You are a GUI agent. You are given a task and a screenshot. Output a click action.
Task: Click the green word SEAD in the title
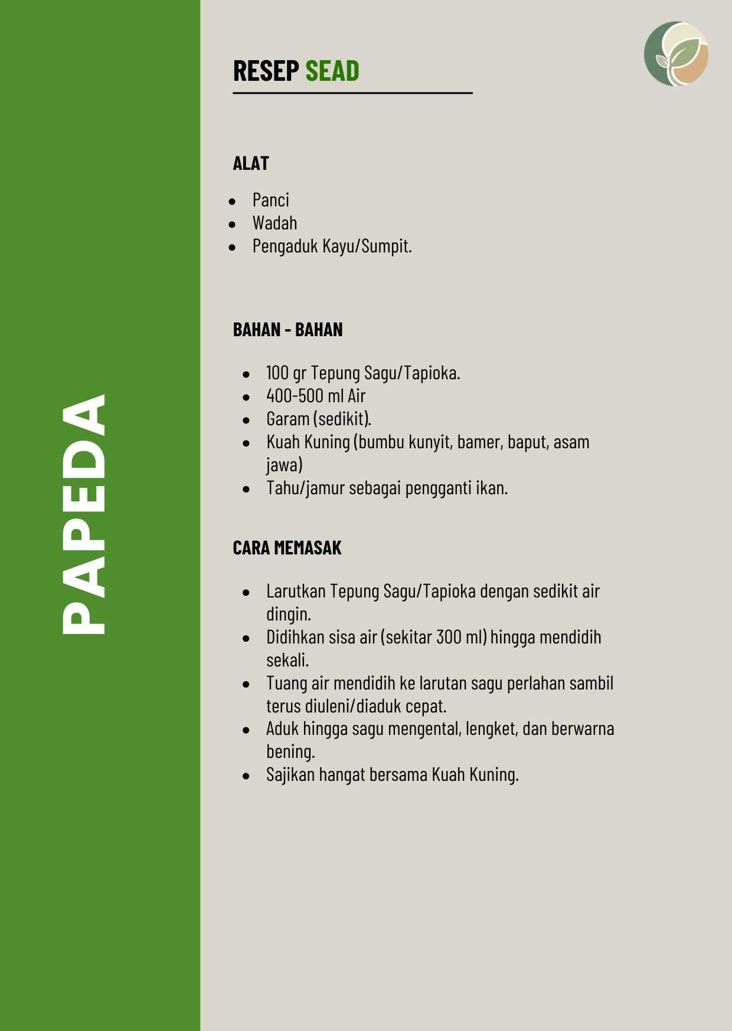332,71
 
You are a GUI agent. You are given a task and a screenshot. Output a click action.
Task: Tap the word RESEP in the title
266,71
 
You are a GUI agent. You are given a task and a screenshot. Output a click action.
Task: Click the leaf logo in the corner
676,54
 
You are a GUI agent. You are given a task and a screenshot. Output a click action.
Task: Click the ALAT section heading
251,163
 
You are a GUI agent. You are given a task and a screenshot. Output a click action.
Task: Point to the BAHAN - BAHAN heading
287,330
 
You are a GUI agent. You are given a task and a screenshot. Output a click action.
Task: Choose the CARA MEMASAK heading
287,548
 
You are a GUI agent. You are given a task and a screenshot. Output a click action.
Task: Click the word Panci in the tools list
270,201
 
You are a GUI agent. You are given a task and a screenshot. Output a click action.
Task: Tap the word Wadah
274,224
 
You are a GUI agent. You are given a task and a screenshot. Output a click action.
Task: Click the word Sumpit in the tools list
384,246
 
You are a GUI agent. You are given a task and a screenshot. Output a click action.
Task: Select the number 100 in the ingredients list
277,373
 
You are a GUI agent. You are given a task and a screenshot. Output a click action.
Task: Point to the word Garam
288,419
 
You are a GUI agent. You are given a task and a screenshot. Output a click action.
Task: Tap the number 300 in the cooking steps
449,638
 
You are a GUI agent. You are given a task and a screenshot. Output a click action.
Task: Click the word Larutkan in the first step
296,592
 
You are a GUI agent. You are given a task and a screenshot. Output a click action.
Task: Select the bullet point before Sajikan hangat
246,776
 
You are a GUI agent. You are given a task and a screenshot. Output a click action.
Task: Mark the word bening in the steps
289,752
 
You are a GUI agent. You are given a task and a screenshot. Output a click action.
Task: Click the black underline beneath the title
352,93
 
